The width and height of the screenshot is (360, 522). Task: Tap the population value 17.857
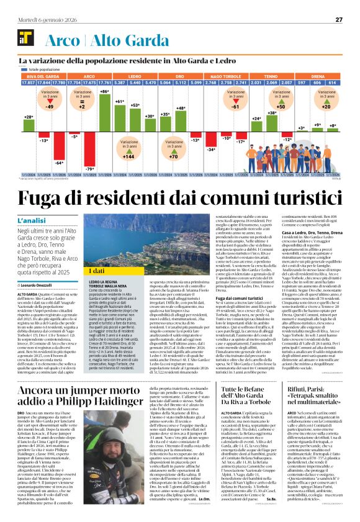point(28,82)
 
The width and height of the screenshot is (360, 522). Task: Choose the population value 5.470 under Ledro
point(150,82)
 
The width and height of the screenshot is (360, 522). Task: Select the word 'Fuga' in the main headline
point(45,200)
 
